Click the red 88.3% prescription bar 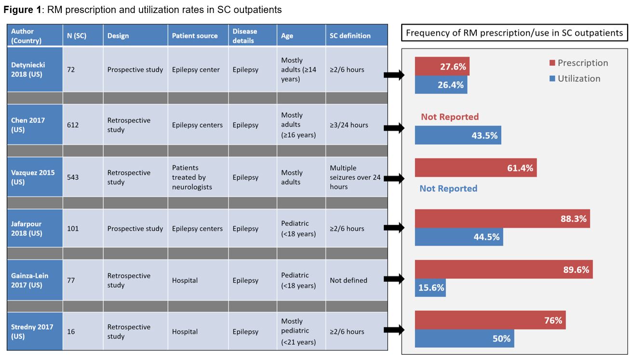click(x=502, y=219)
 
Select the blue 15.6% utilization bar click(x=430, y=288)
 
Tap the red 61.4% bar click(x=475, y=168)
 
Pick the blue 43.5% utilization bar click(x=457, y=136)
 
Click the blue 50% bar click(x=464, y=339)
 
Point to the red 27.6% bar click(x=442, y=67)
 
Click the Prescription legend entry click(x=578, y=63)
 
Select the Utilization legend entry click(x=575, y=79)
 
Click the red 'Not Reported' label click(x=449, y=117)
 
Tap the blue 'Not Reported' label click(x=448, y=188)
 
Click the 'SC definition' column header click(x=350, y=36)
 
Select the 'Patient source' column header click(x=195, y=36)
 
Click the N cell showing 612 click(x=73, y=125)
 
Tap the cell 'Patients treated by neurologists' click(x=192, y=177)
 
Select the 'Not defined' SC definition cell click(x=349, y=280)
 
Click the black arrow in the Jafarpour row click(x=394, y=228)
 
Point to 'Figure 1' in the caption click(x=22, y=10)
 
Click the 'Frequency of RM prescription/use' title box click(x=514, y=33)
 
